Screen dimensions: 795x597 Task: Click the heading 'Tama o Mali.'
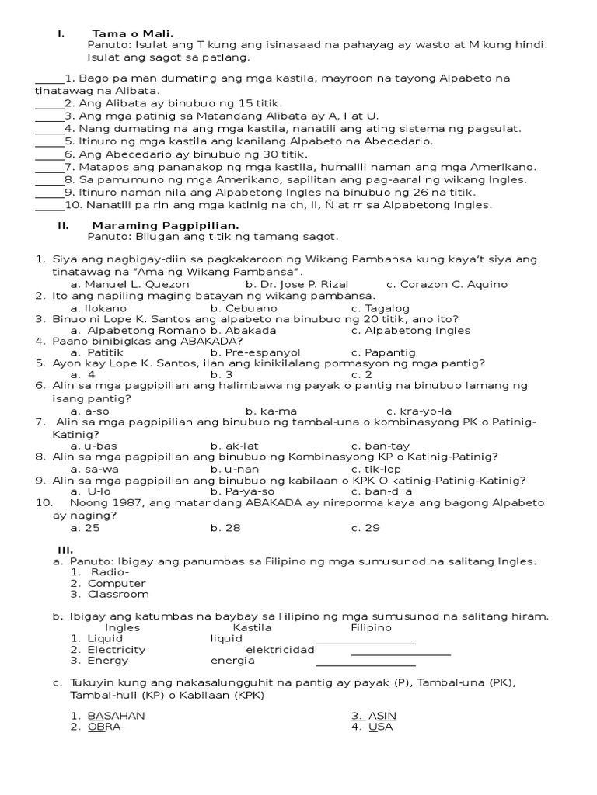coord(132,33)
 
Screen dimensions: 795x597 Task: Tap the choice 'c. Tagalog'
coord(380,307)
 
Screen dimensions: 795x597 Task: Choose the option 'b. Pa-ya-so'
coord(242,491)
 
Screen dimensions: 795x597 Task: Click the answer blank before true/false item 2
coord(49,103)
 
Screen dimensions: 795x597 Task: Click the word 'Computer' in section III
coord(117,583)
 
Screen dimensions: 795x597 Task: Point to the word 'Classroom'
coord(118,594)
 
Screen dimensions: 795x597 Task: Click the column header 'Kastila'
coord(252,627)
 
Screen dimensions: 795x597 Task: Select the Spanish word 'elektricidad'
coord(280,650)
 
